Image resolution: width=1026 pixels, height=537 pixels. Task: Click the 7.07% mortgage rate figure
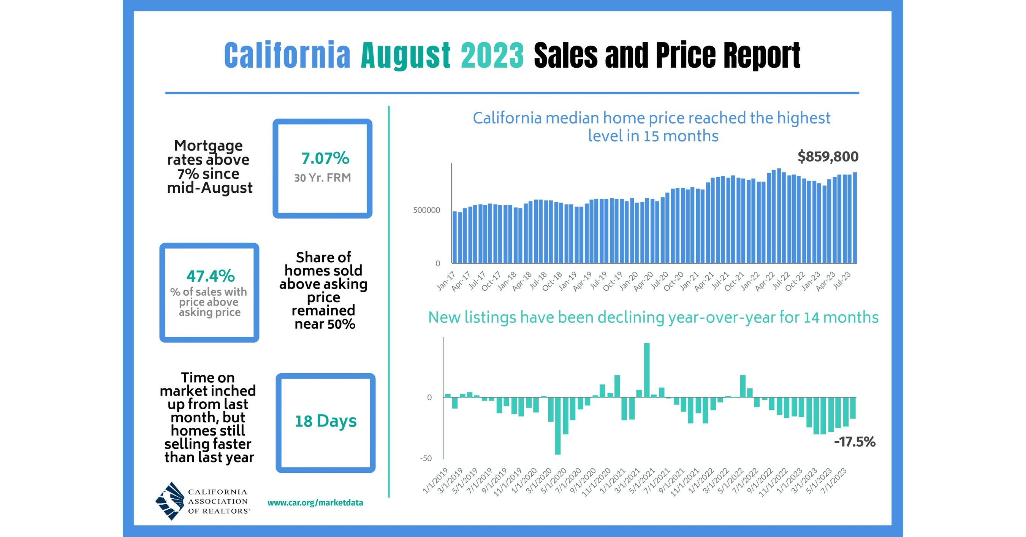pyautogui.click(x=325, y=158)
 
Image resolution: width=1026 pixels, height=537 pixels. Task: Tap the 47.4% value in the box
pyautogui.click(x=210, y=276)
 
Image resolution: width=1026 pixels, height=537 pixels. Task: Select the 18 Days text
pyautogui.click(x=325, y=421)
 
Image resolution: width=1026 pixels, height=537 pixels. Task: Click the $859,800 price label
pyautogui.click(x=828, y=157)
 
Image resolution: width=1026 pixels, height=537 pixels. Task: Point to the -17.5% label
pyautogui.click(x=854, y=442)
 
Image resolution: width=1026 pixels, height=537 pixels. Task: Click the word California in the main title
pyautogui.click(x=287, y=55)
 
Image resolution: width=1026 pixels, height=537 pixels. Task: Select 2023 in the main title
pyautogui.click(x=492, y=55)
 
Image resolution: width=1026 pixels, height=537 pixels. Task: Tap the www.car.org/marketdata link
pyautogui.click(x=315, y=503)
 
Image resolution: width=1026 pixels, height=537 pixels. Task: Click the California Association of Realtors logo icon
pyautogui.click(x=170, y=501)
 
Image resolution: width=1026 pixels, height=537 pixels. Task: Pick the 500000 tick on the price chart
pyautogui.click(x=426, y=210)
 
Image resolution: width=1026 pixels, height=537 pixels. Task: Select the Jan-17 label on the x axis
pyautogui.click(x=446, y=281)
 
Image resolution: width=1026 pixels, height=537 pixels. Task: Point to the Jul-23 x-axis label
pyautogui.click(x=842, y=281)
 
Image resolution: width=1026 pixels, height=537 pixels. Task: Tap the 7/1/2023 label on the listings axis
pyautogui.click(x=834, y=481)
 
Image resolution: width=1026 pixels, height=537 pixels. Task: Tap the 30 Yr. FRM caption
pyautogui.click(x=322, y=178)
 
